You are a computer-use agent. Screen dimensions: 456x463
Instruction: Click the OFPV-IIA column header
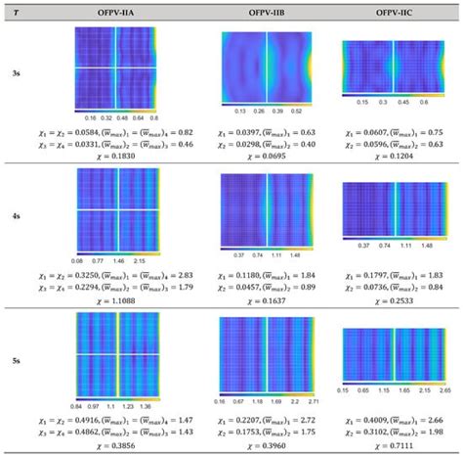116,10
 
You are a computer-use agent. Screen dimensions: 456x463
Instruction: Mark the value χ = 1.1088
116,294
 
